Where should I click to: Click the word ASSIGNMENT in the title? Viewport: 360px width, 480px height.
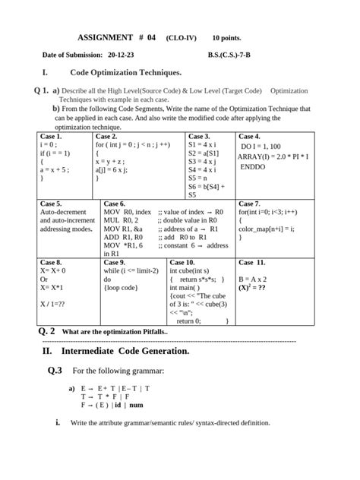[x=106, y=37]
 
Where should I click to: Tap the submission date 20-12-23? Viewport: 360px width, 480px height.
[x=122, y=55]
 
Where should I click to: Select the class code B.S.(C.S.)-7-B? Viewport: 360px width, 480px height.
[x=235, y=55]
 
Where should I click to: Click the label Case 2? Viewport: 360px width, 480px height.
[x=106, y=136]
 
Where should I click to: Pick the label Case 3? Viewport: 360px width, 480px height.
[x=199, y=136]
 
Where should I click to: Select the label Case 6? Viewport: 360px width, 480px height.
[x=115, y=204]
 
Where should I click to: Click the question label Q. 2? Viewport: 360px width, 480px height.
[x=46, y=332]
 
